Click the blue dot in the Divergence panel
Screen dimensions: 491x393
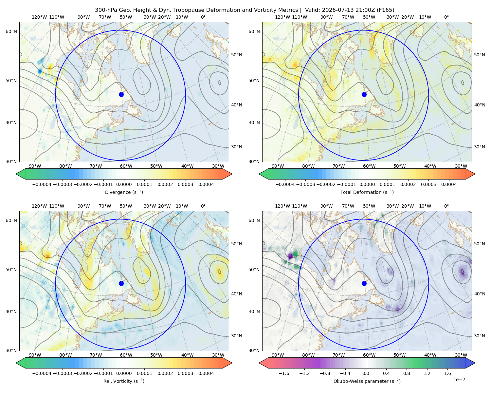(121, 94)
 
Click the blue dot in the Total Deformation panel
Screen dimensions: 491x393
(364, 94)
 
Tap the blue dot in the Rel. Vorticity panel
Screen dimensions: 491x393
(121, 283)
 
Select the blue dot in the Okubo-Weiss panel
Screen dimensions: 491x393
(364, 283)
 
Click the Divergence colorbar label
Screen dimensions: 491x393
(124, 192)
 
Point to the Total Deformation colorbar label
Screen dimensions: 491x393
(367, 192)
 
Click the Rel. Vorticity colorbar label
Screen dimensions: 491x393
(124, 381)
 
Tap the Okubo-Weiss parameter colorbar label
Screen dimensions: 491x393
(367, 381)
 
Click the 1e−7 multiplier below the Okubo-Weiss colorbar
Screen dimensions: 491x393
(459, 380)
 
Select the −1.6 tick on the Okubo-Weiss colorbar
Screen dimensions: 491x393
(284, 373)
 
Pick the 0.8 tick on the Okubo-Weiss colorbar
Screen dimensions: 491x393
(407, 373)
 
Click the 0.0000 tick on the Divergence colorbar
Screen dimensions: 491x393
(124, 184)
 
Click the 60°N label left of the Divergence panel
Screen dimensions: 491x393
(11, 31)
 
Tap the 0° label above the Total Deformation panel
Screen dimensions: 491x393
(446, 17)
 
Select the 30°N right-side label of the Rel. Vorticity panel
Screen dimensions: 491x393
(236, 335)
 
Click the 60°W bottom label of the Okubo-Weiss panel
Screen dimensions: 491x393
(369, 355)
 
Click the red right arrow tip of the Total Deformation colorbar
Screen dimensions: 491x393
(475, 174)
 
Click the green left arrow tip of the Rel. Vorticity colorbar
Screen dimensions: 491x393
(16, 363)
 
